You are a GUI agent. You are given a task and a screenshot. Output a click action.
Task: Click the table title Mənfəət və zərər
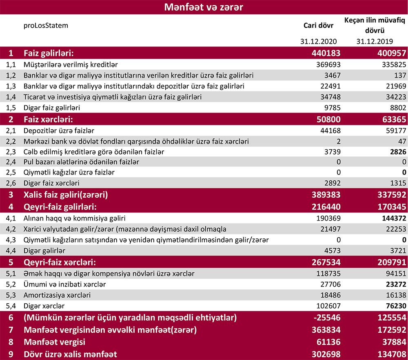pyautogui.click(x=204, y=7)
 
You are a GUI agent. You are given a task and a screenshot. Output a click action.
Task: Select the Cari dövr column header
pyautogui.click(x=318, y=25)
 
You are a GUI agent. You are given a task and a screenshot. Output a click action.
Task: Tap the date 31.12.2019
pyautogui.click(x=374, y=41)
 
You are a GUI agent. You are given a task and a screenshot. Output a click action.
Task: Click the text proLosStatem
pyautogui.click(x=46, y=25)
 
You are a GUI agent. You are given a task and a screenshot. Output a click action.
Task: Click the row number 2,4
pyautogui.click(x=11, y=162)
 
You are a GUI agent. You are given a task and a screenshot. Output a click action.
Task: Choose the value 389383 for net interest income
pyautogui.click(x=325, y=194)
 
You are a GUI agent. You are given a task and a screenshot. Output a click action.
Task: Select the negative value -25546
pyautogui.click(x=325, y=317)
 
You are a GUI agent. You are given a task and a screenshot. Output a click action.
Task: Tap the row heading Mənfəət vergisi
pyautogui.click(x=54, y=341)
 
